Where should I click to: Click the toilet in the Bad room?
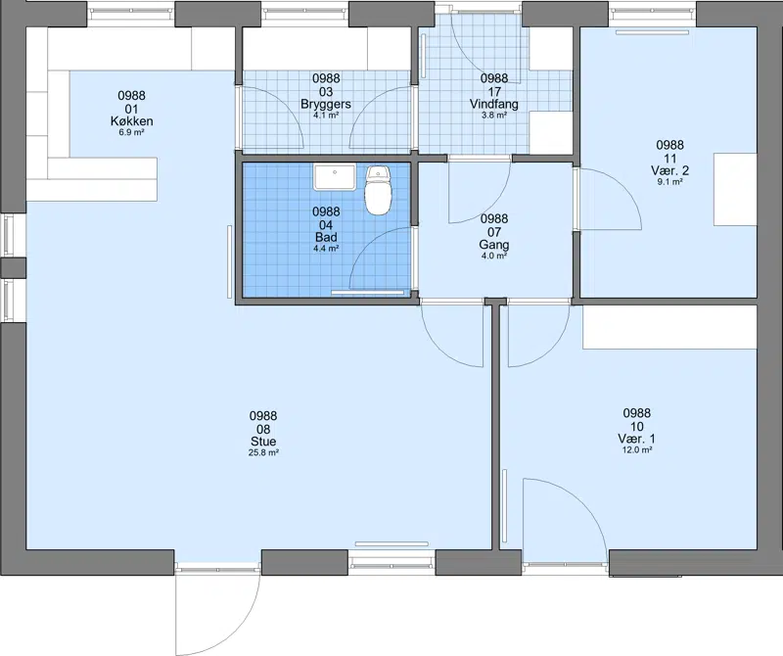click(x=378, y=190)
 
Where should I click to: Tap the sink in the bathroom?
click(x=335, y=177)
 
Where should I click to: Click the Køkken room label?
click(x=132, y=121)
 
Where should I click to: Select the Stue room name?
click(x=263, y=442)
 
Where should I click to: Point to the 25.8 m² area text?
click(x=263, y=453)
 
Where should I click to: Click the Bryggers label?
click(x=326, y=105)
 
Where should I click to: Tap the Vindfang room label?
click(x=494, y=105)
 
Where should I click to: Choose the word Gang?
click(x=494, y=245)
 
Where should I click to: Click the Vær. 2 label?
click(x=669, y=171)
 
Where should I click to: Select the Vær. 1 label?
click(x=637, y=440)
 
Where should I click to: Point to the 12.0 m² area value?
click(x=637, y=450)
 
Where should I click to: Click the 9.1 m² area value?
click(x=669, y=182)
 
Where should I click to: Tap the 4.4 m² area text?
click(x=326, y=249)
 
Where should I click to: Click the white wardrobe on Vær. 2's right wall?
click(x=735, y=189)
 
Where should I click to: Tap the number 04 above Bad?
click(x=326, y=225)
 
